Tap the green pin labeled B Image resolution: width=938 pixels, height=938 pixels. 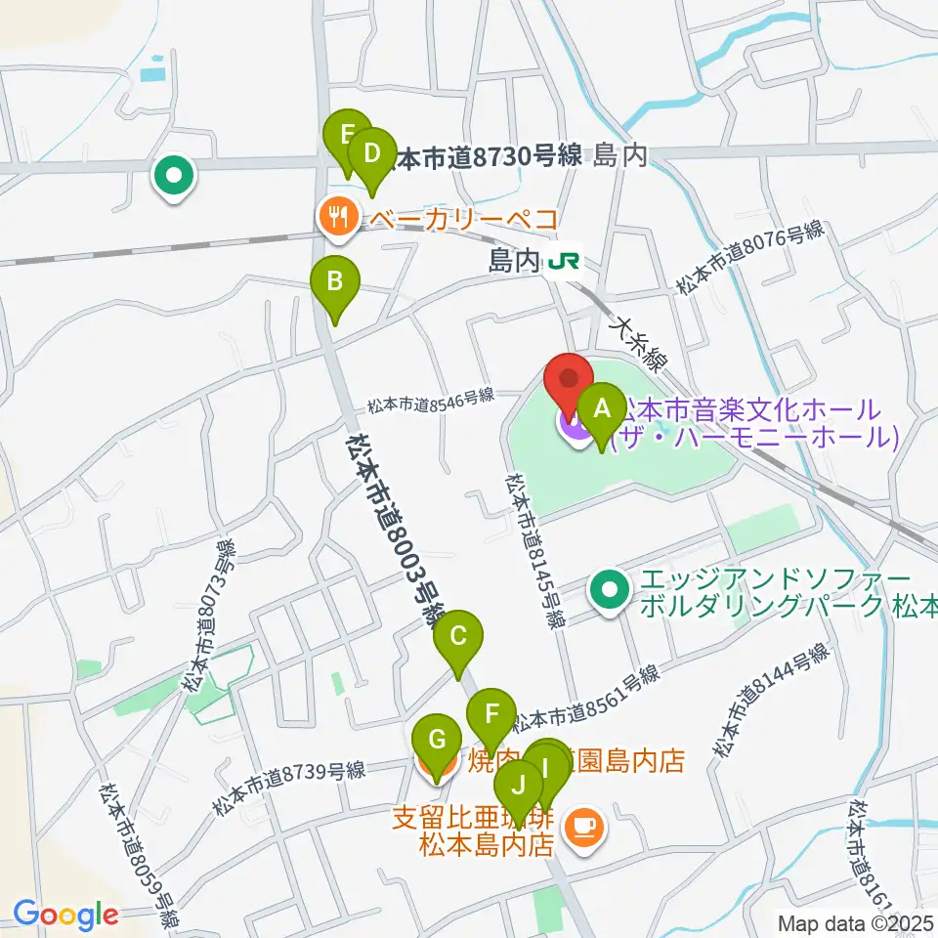pos(334,284)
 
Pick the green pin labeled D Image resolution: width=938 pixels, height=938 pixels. pos(371,155)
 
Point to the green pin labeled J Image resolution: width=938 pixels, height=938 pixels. pos(519,786)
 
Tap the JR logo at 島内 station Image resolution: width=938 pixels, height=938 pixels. pos(563,261)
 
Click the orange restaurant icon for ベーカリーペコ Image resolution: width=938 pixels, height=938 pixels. pos(339,217)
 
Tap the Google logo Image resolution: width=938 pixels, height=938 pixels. pos(65,915)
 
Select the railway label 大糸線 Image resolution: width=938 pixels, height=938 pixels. pos(640,343)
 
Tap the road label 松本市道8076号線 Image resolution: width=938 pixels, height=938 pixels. pos(751,259)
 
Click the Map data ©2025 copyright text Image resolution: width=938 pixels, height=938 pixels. pos(855,921)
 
